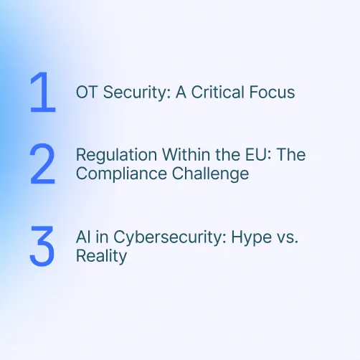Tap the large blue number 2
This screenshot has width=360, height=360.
(42, 164)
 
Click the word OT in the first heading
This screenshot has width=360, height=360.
(85, 93)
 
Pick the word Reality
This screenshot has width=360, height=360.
(100, 257)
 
